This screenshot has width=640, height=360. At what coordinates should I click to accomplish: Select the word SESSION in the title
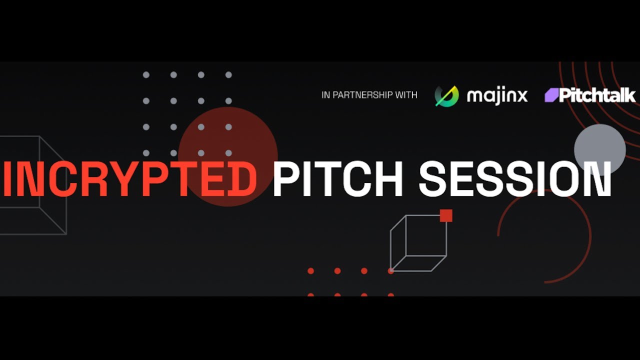pos(515,179)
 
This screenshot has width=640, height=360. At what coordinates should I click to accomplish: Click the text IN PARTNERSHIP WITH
pos(369,95)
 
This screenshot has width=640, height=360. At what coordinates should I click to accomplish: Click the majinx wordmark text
pos(497,95)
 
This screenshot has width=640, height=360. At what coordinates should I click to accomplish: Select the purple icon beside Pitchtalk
pos(551,95)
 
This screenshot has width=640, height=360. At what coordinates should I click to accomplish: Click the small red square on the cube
pos(446,215)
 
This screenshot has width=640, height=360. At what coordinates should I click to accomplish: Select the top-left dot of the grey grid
pos(146,75)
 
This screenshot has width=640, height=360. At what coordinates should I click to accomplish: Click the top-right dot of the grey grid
pos(228,75)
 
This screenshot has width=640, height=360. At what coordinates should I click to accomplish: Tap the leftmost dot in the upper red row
pos(310,271)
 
